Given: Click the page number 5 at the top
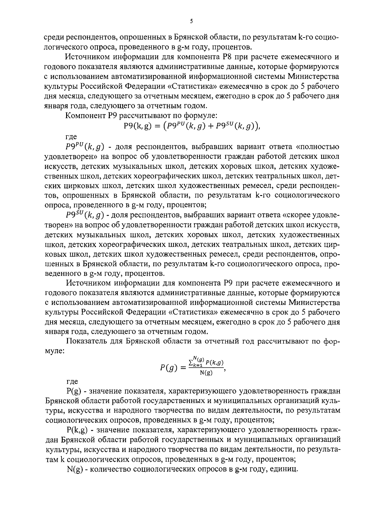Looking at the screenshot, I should coord(191,21).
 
